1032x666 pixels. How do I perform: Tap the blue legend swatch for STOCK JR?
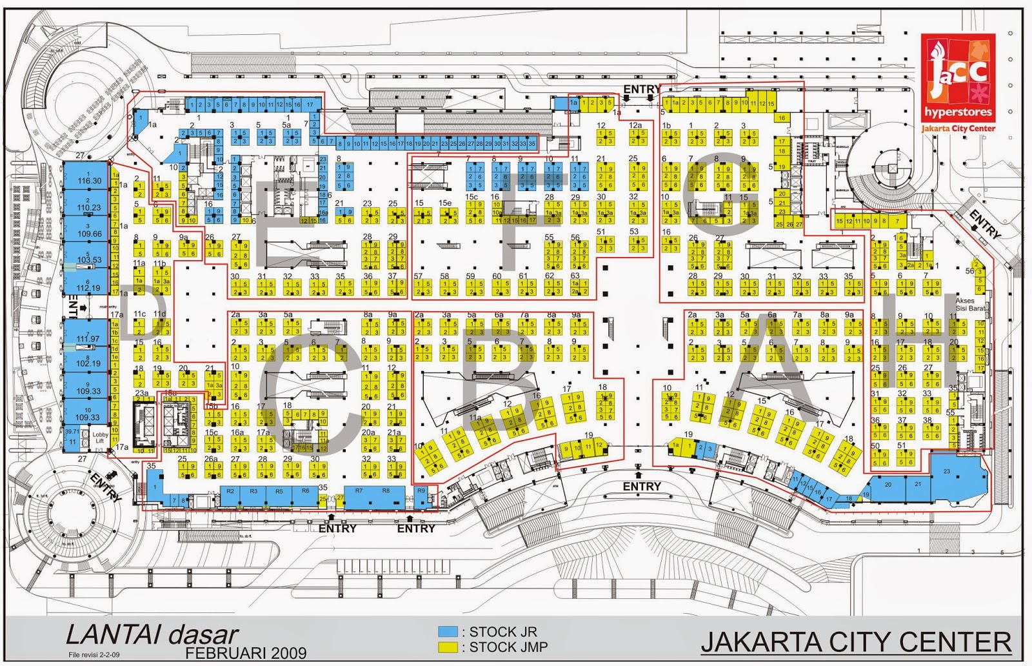pos(448,632)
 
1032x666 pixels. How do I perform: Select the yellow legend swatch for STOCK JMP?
pos(448,647)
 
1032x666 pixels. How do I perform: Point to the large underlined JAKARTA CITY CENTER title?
pos(856,642)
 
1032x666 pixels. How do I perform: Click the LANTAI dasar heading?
pos(152,635)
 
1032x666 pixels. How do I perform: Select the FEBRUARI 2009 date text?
pos(246,652)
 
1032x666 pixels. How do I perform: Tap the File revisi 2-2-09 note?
pos(94,655)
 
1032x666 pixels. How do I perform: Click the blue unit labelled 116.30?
pos(89,179)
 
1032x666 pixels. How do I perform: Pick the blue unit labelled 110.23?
pos(89,205)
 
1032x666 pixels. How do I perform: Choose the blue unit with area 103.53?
pos(89,258)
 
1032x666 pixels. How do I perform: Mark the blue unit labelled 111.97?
pos(88,337)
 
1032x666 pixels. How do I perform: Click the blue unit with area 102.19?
pos(88,361)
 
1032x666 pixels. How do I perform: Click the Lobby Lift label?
pos(100,437)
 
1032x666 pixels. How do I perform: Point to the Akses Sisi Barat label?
pos(970,305)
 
